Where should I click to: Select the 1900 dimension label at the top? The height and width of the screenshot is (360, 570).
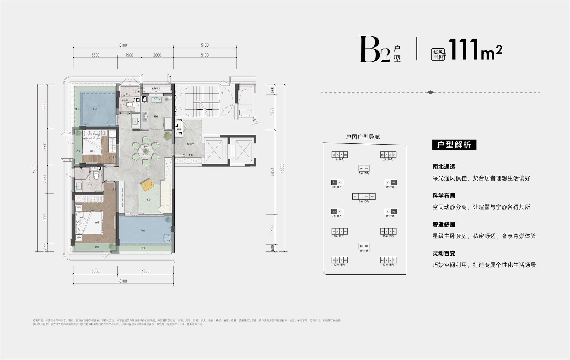click(129, 55)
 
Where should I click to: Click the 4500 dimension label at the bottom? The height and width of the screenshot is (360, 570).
click(145, 271)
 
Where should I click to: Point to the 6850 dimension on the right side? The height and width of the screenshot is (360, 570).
click(272, 172)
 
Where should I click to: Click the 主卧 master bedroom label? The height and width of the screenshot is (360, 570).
click(97, 222)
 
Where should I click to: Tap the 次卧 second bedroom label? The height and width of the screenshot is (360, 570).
click(92, 151)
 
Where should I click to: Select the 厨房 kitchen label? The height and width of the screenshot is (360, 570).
click(156, 116)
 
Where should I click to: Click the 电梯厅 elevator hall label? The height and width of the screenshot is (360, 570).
click(190, 144)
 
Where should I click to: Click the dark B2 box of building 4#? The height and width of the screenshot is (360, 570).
click(334, 183)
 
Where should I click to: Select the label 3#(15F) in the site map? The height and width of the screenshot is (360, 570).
click(364, 174)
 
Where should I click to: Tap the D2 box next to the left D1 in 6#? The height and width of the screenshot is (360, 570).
click(361, 196)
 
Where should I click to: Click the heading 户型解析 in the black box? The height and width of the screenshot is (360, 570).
click(454, 145)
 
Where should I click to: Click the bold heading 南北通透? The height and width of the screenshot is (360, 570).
click(443, 167)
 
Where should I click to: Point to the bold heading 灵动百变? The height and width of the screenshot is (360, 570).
click(443, 253)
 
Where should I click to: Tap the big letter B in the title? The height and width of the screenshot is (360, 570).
click(368, 50)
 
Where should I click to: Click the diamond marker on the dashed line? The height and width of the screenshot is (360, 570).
click(430, 92)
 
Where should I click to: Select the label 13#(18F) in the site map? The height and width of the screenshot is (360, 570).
click(388, 265)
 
